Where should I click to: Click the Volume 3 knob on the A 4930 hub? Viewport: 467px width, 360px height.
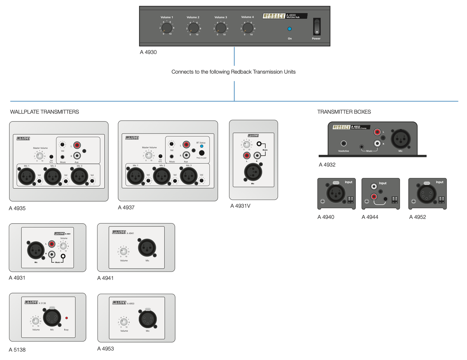coord(221,28)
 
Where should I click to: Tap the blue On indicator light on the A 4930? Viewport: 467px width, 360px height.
coord(290,29)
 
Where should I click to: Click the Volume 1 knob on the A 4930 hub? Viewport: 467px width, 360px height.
coord(167,28)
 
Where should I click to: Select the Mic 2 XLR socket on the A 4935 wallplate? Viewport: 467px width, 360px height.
coord(52,176)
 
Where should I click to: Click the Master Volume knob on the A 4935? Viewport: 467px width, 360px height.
coord(40,156)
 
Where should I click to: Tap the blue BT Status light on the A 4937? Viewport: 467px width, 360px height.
coord(202,146)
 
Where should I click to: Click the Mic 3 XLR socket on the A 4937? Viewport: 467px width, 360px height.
coord(188,176)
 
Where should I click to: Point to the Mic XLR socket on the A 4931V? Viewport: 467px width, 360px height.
coord(253,172)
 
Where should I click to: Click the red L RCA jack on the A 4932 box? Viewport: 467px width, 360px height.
coord(377,132)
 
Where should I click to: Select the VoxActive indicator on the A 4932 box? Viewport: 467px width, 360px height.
coord(344,143)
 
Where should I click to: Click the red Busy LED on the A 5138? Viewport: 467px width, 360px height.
coord(67,318)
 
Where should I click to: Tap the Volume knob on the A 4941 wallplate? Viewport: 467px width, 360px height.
coord(123,251)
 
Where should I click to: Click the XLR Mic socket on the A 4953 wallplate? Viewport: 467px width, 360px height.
coord(148,319)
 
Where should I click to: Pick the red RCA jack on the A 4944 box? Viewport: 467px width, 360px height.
coord(374,196)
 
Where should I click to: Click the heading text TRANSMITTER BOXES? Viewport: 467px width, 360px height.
coord(344,112)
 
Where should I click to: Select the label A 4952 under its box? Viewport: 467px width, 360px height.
coord(417,217)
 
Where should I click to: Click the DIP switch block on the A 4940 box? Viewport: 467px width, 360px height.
coord(350,199)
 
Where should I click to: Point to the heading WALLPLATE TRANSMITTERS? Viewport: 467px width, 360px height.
coord(45,112)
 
